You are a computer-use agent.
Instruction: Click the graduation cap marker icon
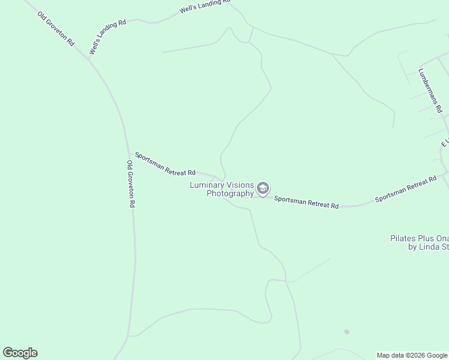pyautogui.click(x=262, y=188)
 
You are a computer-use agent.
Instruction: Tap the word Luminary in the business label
pyautogui.click(x=207, y=185)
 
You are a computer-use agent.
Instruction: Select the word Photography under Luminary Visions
pyautogui.click(x=231, y=193)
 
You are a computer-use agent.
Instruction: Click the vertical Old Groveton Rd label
pyautogui.click(x=130, y=184)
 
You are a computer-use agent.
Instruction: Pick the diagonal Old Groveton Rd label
pyautogui.click(x=56, y=29)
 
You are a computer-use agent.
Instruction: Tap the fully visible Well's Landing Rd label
pyautogui.click(x=107, y=38)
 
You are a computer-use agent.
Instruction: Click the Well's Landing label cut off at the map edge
pyautogui.click(x=205, y=6)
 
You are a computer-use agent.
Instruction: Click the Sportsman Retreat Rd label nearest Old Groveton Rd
pyautogui.click(x=165, y=164)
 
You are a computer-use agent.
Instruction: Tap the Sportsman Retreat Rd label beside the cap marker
pyautogui.click(x=307, y=202)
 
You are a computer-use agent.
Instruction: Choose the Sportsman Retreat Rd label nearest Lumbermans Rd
pyautogui.click(x=406, y=190)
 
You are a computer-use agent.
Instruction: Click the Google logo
pyautogui.click(x=20, y=353)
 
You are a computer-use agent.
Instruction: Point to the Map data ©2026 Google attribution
pyautogui.click(x=412, y=355)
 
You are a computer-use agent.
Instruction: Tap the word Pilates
pyautogui.click(x=402, y=238)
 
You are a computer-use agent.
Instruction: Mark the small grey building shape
pyautogui.click(x=346, y=332)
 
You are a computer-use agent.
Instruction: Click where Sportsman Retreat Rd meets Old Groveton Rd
pyautogui.click(x=128, y=154)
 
